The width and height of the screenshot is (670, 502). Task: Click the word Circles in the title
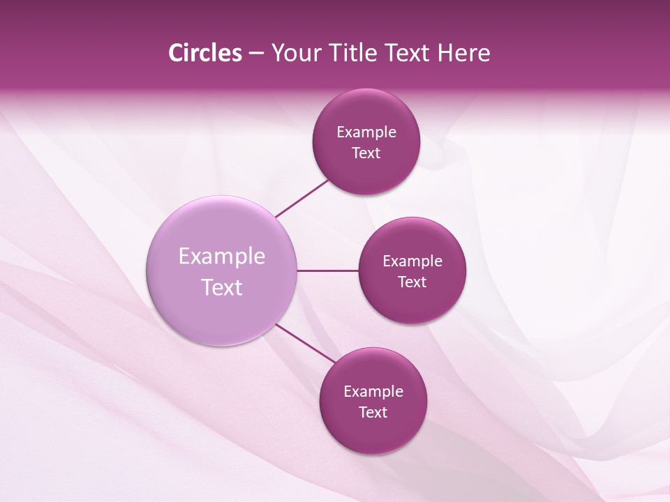coord(204,53)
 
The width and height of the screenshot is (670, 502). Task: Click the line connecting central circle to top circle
coord(302,199)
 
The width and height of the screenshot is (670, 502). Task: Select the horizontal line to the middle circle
coord(328,271)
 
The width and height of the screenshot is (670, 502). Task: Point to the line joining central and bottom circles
coord(306,342)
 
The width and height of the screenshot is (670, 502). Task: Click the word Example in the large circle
coord(222,257)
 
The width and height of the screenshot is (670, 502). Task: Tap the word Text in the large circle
coord(222,287)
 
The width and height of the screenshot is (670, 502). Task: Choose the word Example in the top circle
coord(366,132)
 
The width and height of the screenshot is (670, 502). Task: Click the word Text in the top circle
coord(366,153)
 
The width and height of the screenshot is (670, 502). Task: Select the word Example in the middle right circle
coord(412,261)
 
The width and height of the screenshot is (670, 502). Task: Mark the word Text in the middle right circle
coord(412,282)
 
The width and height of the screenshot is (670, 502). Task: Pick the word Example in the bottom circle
coord(373,391)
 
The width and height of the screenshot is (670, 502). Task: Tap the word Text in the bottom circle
coord(373,412)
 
